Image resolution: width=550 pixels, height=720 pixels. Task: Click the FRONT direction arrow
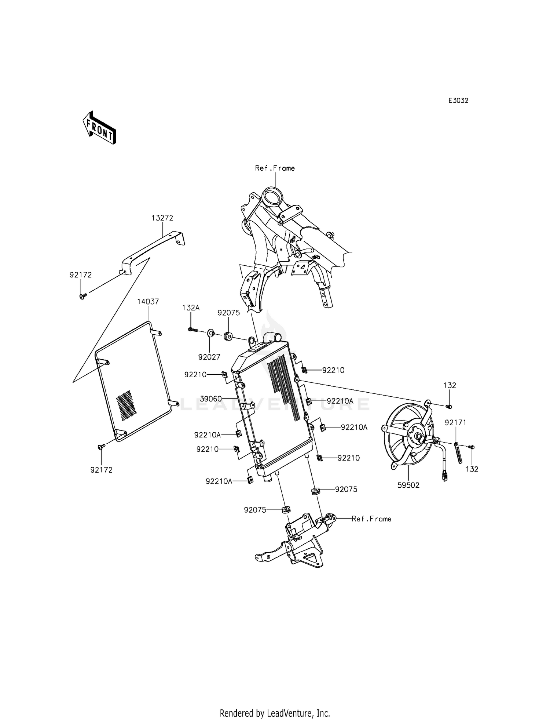coord(99,127)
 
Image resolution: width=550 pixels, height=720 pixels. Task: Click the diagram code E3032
coord(458,101)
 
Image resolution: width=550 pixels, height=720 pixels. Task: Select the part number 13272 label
coord(162,218)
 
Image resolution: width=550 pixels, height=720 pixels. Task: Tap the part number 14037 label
coord(148,302)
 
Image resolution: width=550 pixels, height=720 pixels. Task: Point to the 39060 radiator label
coord(211,398)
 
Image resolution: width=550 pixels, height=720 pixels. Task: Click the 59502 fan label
coord(408,485)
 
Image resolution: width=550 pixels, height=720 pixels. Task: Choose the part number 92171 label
coord(456,423)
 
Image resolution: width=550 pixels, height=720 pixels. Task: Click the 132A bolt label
coord(191,308)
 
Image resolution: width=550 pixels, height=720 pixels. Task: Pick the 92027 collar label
coord(209,357)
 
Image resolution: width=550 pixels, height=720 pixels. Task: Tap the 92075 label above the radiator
coord(228,313)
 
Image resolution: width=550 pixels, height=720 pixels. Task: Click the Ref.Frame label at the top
coord(275,168)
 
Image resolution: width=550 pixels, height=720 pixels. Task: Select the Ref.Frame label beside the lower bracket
coord(371,519)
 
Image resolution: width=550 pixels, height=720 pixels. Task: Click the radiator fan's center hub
coord(418,436)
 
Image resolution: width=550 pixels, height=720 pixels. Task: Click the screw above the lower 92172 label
coord(101,446)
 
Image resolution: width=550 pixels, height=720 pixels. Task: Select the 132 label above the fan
coord(450,386)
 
